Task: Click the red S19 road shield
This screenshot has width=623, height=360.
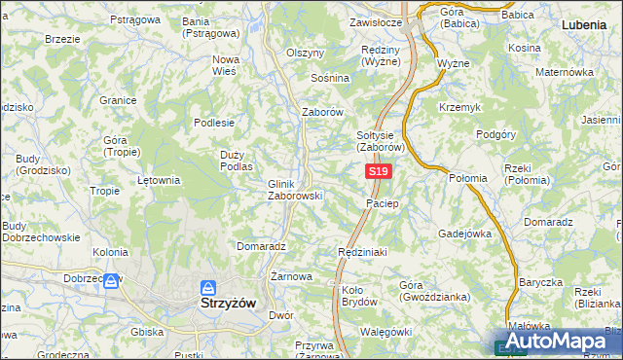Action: [380, 171]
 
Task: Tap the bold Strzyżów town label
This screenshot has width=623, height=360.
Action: [228, 303]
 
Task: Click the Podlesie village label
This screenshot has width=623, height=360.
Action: [214, 123]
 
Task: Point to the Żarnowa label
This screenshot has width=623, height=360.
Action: [291, 276]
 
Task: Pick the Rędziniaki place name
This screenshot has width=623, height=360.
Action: [362, 252]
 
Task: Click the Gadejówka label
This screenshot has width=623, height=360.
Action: [465, 234]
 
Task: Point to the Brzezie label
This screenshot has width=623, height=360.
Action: [62, 39]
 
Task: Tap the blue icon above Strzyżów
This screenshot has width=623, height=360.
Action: [207, 288]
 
